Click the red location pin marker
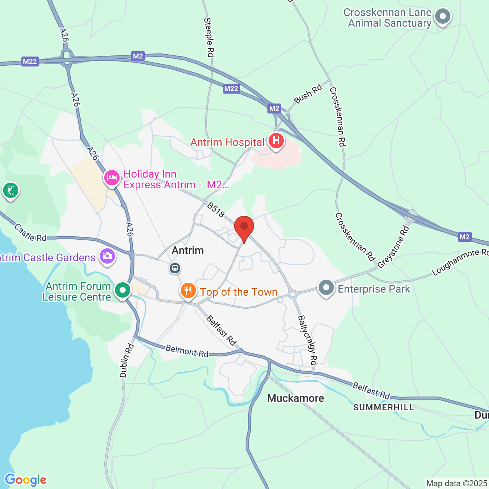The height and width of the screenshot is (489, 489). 244,228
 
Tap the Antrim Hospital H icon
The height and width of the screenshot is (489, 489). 276,141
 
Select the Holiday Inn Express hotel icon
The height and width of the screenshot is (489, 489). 112,178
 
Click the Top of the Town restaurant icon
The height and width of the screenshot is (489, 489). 188,291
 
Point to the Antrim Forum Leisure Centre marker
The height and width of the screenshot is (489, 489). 123,290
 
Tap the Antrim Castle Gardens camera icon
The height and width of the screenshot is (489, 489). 107,256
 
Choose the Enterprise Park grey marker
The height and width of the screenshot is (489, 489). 326,287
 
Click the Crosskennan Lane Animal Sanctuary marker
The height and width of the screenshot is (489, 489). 443,17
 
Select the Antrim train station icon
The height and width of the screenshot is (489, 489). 175,268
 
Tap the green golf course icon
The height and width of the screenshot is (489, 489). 10,190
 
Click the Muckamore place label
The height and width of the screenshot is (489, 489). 295,398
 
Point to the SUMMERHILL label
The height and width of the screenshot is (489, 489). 384,407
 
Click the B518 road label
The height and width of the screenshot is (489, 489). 216,210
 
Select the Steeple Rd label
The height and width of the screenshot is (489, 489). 209,37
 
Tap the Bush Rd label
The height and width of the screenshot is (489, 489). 308,94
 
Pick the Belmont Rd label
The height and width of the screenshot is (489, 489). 187,351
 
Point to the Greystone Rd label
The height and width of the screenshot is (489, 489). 393,247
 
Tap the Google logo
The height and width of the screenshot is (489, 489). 26,480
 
